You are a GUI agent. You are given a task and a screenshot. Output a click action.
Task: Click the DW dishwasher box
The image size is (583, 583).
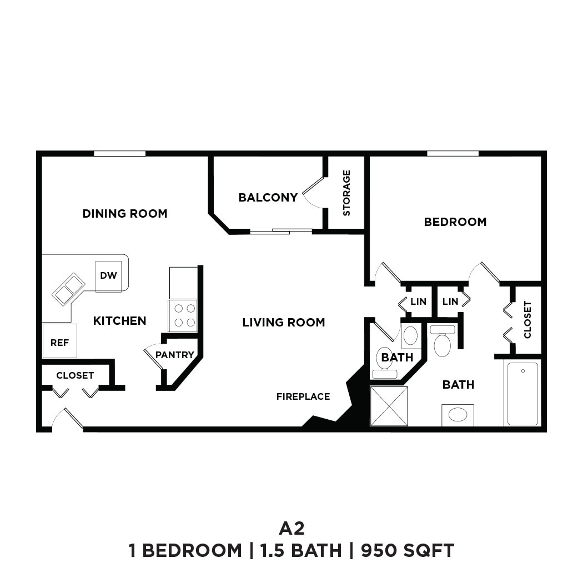point(108,276)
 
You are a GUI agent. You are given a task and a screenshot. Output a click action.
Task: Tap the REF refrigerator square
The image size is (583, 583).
point(59,341)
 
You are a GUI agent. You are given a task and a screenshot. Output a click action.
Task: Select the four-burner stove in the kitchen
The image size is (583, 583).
point(183,315)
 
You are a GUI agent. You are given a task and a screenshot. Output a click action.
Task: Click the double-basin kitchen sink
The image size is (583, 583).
point(68,289)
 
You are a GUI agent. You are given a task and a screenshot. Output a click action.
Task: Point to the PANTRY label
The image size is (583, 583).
point(175,355)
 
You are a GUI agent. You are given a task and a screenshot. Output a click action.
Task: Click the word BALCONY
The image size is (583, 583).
point(268,197)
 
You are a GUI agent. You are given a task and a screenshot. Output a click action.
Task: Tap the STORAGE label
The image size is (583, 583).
point(346,193)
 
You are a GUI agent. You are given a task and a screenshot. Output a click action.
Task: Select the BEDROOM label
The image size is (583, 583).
point(455,222)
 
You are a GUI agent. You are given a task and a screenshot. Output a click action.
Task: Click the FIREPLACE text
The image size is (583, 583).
point(303,396)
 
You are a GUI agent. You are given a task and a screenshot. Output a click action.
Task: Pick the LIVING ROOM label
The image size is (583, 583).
point(283,323)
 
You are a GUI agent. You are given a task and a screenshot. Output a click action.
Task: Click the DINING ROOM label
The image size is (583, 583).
point(124,214)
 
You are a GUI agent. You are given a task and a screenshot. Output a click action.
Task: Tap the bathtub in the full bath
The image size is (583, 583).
point(522,393)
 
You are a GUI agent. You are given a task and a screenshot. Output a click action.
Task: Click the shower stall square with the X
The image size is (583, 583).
point(389,406)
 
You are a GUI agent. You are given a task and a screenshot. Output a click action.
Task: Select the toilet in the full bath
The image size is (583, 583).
point(443,341)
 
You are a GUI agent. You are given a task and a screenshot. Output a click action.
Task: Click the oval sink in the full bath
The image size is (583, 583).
point(458,415)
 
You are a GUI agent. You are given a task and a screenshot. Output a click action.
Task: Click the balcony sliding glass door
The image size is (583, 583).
point(280,231)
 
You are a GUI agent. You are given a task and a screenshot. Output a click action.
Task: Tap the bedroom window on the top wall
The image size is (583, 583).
point(453,153)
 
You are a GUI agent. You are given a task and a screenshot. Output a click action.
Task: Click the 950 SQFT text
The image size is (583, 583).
point(408,551)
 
